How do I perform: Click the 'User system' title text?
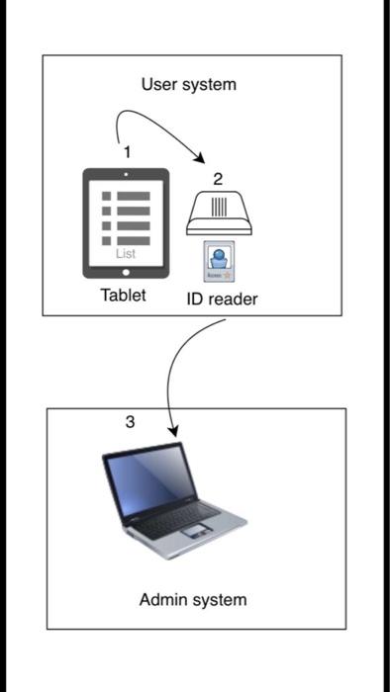click(188, 85)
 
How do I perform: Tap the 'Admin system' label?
click(193, 599)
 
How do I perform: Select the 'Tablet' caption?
click(124, 295)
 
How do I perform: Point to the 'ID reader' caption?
click(222, 298)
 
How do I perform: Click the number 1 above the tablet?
click(126, 152)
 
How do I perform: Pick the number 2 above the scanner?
click(218, 179)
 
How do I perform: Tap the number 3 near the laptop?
click(130, 422)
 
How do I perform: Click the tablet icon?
click(126, 223)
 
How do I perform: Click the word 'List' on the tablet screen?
click(126, 254)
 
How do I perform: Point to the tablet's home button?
click(126, 271)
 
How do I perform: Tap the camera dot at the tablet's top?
click(126, 175)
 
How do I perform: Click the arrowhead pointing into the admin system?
click(175, 431)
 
